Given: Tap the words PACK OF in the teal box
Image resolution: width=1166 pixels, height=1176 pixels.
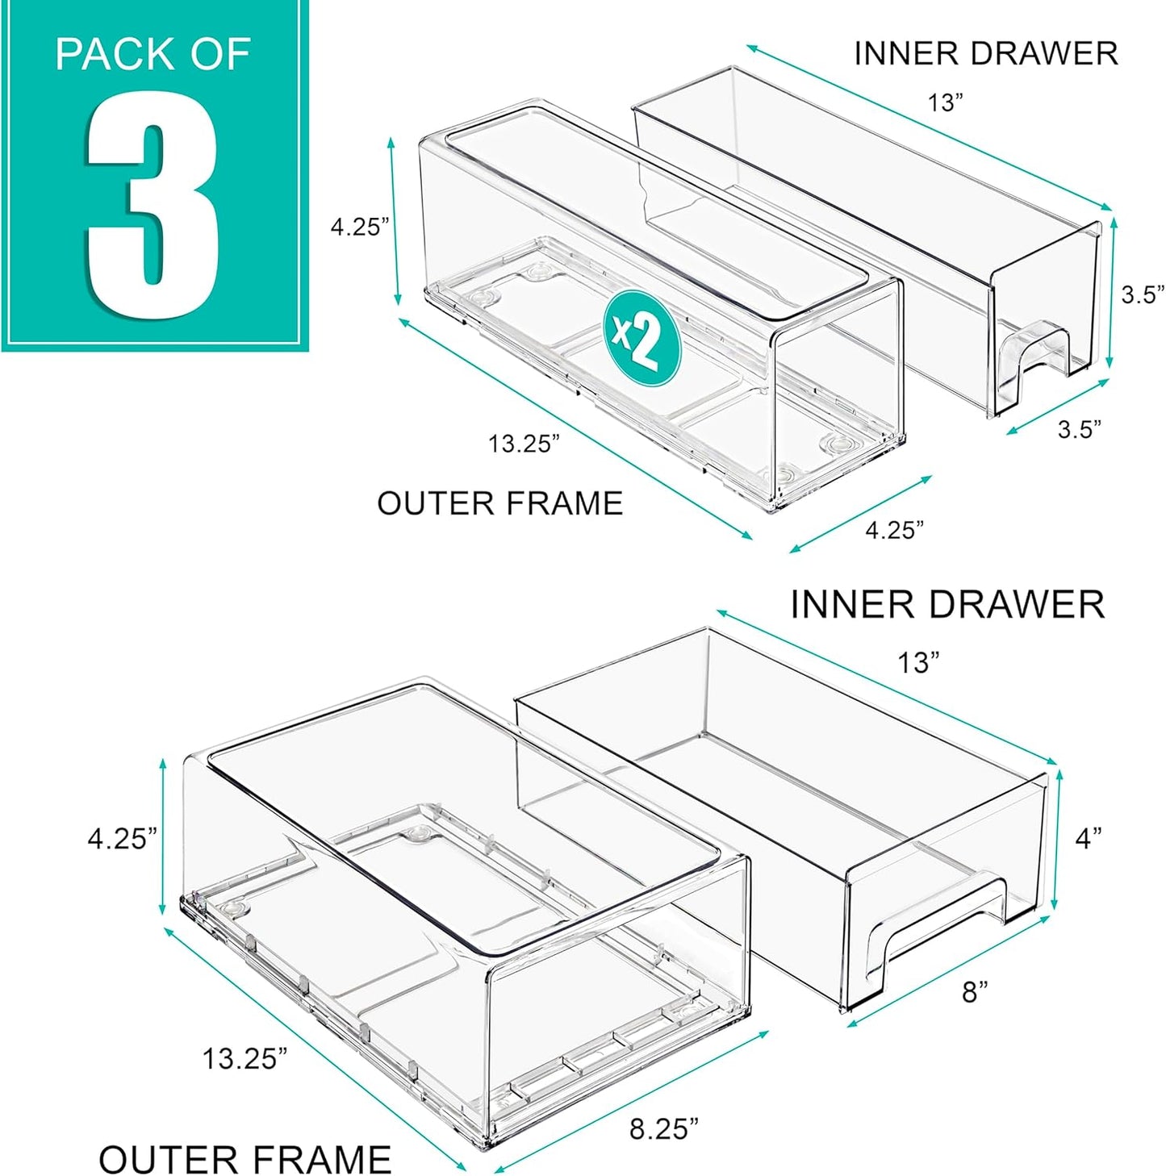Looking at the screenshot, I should point(153,55).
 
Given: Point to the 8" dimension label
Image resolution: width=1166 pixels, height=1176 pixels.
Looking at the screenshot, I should point(975,991).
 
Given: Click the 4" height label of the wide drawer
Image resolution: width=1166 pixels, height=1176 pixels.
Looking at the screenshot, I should point(1088,839).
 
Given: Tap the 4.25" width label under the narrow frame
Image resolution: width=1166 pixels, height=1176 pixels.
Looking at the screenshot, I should point(894,530).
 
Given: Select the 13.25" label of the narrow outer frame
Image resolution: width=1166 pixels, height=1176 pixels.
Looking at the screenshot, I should point(524,444).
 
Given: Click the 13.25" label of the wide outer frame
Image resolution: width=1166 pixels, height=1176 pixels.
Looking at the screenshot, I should point(244,1058).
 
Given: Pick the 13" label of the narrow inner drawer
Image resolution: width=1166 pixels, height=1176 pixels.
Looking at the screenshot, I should point(945,103).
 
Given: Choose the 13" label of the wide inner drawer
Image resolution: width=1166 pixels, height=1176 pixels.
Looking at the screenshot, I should point(918,663).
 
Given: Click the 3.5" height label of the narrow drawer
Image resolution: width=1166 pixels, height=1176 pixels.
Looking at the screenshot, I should point(1143,294).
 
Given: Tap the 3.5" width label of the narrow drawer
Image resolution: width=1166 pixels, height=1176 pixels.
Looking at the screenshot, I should point(1080,429).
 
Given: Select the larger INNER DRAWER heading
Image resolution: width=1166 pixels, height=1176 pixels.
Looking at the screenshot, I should point(947,605).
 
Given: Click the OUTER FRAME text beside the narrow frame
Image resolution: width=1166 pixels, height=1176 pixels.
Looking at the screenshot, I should point(499,503).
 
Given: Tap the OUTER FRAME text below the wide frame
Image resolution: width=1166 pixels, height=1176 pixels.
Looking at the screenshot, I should point(244,1159).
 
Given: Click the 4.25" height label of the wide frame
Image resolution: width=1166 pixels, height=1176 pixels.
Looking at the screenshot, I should point(123,839).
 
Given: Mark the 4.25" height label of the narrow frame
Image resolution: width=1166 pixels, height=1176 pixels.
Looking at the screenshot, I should point(360,227).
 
